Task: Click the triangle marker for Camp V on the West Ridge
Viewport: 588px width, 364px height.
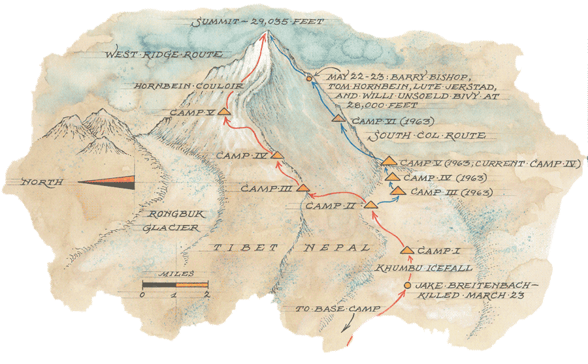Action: (223, 112)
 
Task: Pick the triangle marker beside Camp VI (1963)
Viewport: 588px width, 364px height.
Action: (338, 119)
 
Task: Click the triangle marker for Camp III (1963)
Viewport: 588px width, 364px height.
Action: (398, 190)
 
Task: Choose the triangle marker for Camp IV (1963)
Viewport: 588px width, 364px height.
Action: (392, 175)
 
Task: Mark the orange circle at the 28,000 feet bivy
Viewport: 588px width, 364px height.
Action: (309, 79)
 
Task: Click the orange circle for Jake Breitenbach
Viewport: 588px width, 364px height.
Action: (407, 286)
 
